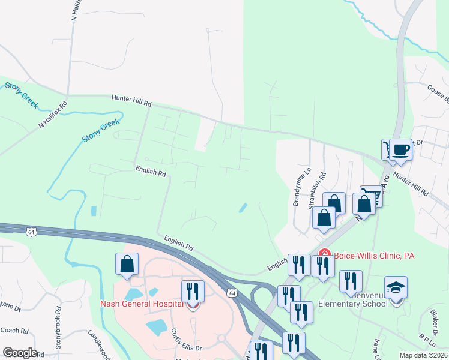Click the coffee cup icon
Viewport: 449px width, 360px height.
pos(400,149)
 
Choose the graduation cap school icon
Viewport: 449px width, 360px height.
pos(396,288)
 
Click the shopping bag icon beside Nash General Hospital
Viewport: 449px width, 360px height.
pos(127,264)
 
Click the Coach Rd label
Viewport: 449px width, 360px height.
pos(16,330)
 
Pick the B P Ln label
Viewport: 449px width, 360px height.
pos(427,340)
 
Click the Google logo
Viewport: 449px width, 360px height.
pos(19,353)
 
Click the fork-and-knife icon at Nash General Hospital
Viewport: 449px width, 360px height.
pos(192,292)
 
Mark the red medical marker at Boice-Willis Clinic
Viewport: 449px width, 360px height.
pos(325,254)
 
